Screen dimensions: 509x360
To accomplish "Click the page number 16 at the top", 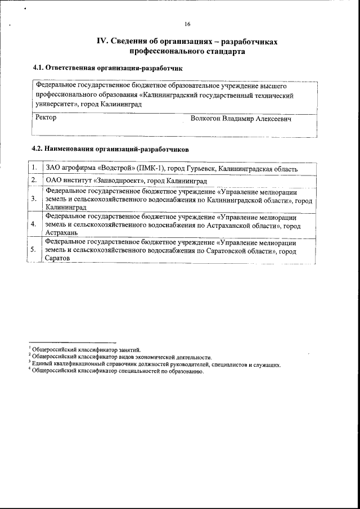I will (x=187, y=24).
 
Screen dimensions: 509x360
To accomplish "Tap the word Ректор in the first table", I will (x=46, y=119).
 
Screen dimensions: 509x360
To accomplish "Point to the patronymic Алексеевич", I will (x=273, y=119).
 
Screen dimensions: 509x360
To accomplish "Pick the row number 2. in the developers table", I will (x=34, y=181).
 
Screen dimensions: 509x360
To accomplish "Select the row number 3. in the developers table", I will (x=34, y=199).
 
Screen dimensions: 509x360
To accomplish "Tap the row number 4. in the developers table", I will (x=34, y=224).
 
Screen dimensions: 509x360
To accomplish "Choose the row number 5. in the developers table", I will (x=34, y=249).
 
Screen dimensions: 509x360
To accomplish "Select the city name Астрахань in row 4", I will (x=60, y=232).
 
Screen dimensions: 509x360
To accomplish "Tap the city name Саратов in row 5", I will (x=57, y=257).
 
